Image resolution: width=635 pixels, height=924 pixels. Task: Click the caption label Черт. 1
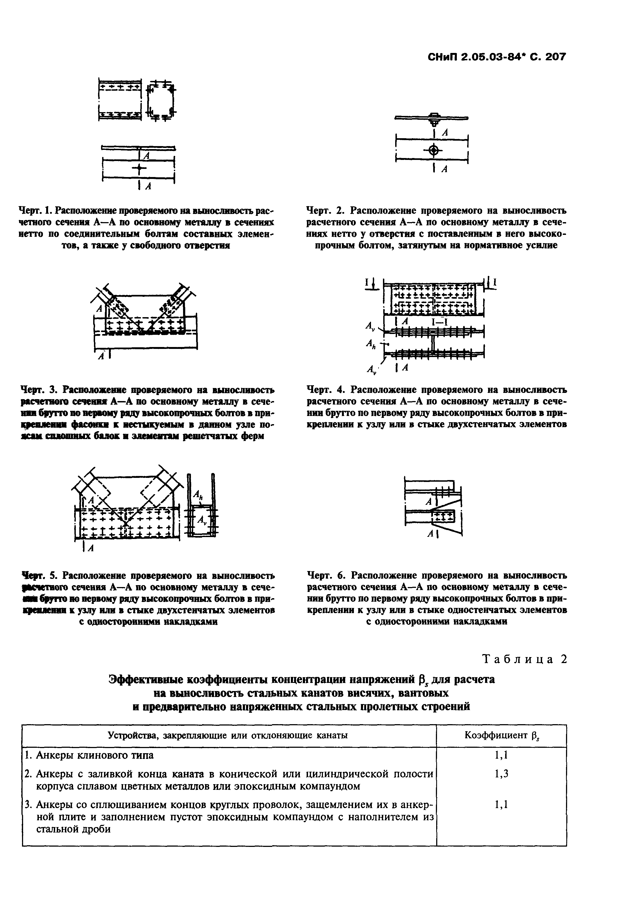[36, 210]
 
